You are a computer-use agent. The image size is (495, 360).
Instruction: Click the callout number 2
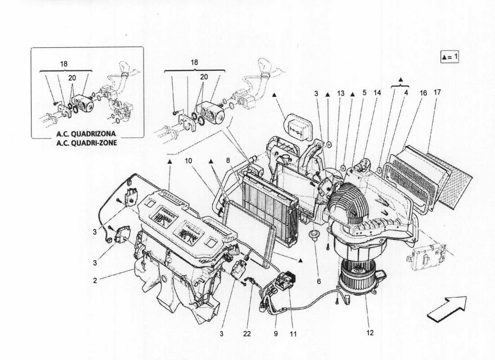click(95, 280)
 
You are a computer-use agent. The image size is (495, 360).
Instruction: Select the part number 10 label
click(188, 160)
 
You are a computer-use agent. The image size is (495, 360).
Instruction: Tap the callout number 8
click(228, 160)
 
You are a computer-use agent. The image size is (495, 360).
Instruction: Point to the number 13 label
click(341, 93)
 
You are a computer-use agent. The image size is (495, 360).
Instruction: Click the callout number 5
click(364, 93)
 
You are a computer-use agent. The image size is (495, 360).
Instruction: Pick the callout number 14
click(377, 93)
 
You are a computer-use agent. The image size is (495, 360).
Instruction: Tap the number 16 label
click(423, 93)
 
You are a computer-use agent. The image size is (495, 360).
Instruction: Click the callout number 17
click(437, 93)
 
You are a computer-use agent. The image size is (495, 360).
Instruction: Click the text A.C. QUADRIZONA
click(86, 134)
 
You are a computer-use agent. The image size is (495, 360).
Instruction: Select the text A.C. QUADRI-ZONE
click(86, 144)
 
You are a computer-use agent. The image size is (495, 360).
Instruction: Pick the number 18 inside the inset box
click(64, 64)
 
